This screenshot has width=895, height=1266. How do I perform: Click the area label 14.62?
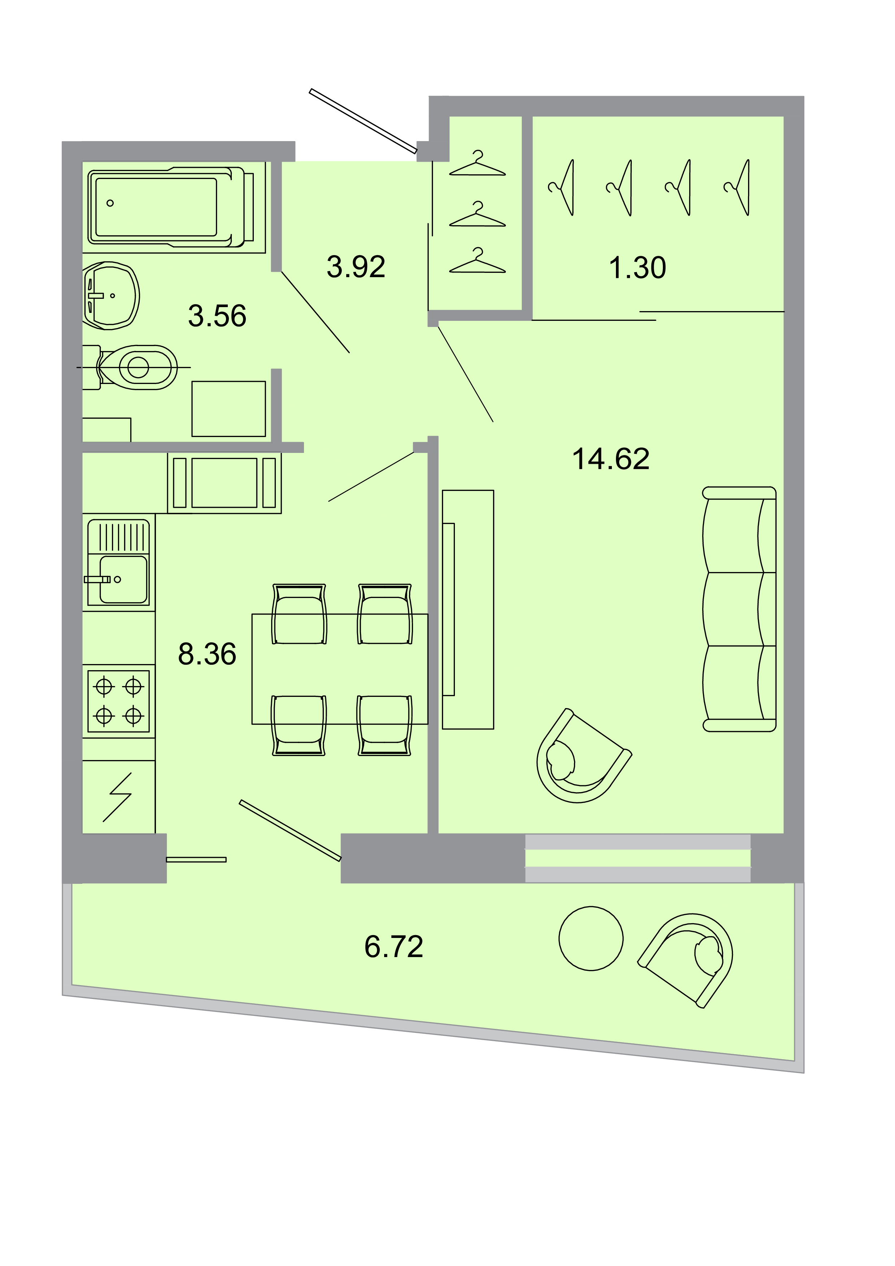tap(611, 459)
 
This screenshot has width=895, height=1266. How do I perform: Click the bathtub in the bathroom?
tap(171, 207)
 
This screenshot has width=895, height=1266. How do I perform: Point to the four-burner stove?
tap(118, 701)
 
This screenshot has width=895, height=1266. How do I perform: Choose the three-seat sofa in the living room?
tap(739, 609)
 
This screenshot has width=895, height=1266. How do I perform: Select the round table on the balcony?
tap(591, 938)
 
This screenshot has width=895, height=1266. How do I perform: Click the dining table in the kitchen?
tap(340, 669)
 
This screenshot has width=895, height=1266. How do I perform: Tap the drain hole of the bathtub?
tap(110, 203)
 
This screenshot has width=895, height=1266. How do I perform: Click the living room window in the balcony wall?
tap(638, 858)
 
